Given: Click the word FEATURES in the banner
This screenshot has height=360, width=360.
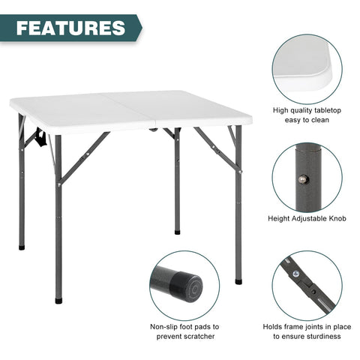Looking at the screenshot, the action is pos(70,28).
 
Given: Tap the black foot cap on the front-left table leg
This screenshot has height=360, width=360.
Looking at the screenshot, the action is pos(58,301).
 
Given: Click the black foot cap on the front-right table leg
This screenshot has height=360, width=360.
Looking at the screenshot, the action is pos(238,281).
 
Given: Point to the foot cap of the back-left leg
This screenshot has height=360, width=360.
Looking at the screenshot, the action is pos(22,247).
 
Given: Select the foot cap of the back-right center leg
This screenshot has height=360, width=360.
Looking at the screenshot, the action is pos(177,232).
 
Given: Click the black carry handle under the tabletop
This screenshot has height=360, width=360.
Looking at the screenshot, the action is pos(41,137).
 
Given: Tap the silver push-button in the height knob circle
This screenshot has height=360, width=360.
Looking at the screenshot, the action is pos(303,179).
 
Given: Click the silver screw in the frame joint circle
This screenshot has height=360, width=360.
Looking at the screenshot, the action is pos(295,274).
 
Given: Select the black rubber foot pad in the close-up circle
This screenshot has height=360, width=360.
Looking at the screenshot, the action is pos(186,286).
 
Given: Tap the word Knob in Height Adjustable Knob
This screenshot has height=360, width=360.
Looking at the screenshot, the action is pos(337,218).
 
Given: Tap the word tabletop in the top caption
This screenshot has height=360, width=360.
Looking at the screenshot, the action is pos(328,110).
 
